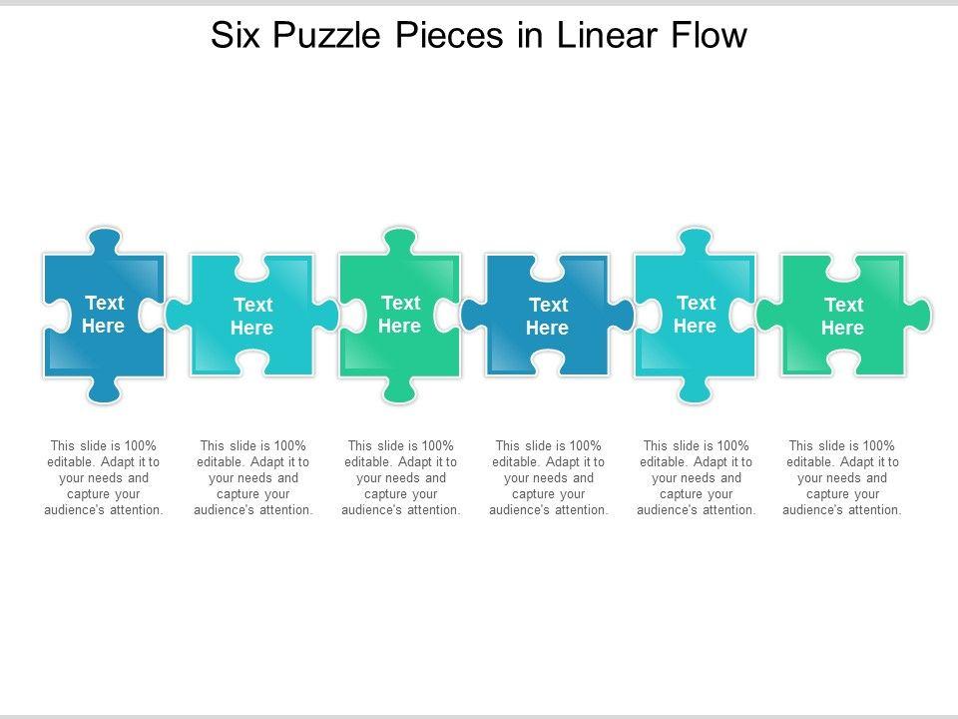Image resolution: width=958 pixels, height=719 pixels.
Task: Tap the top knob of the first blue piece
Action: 104,241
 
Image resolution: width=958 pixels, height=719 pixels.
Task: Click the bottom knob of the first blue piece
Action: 104,390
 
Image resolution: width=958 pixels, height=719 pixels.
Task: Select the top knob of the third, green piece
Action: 399,241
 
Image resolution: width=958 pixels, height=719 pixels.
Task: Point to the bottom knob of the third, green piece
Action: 399,390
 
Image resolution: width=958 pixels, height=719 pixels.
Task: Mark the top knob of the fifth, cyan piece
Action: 695,241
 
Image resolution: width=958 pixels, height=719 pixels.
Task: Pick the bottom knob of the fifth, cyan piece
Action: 695,390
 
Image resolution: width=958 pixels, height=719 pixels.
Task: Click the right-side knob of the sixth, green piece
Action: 920,316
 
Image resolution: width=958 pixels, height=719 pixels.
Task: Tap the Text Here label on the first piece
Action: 104,314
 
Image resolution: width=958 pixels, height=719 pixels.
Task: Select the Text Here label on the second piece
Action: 251,316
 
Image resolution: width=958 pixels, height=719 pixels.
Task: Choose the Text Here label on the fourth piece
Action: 547,316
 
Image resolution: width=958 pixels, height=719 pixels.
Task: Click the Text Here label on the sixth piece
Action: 842,316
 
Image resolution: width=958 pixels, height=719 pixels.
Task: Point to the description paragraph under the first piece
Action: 104,477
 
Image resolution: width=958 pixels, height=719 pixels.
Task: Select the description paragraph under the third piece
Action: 400,477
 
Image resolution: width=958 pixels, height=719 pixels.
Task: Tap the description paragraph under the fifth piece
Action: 696,477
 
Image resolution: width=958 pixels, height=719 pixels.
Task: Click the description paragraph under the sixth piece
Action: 842,477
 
